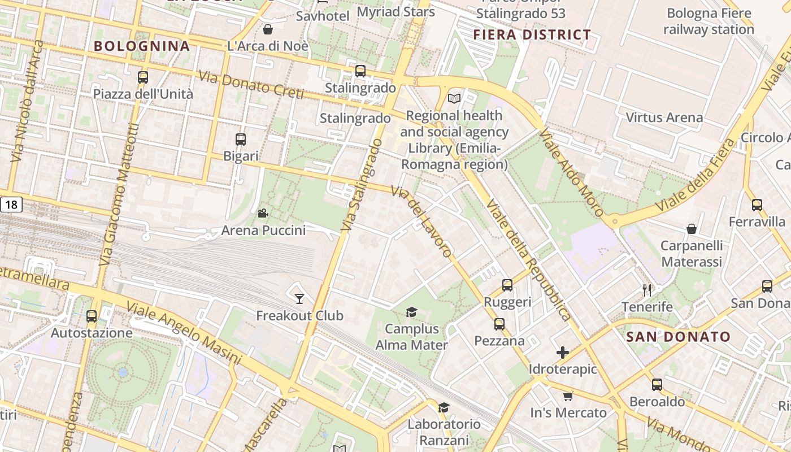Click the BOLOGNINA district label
pos(141,46)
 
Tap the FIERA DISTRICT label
pos(532,35)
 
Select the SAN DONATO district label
pos(679,337)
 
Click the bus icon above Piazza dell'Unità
pos(143,77)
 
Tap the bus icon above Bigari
pos(241,139)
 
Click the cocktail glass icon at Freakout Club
pos(299,298)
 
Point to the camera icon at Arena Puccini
pos(263,214)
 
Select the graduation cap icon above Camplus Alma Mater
pos(411,312)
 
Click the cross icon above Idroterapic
pos(563,353)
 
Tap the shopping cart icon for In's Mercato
pos(568,396)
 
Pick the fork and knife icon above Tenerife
pos(647,290)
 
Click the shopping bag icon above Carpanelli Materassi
pos(692,229)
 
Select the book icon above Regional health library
pos(454,99)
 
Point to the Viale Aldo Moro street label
pos(571,173)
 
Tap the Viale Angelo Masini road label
pos(184,333)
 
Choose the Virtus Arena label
pos(664,118)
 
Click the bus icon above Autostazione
pos(92,316)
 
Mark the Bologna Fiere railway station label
pos(709,21)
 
